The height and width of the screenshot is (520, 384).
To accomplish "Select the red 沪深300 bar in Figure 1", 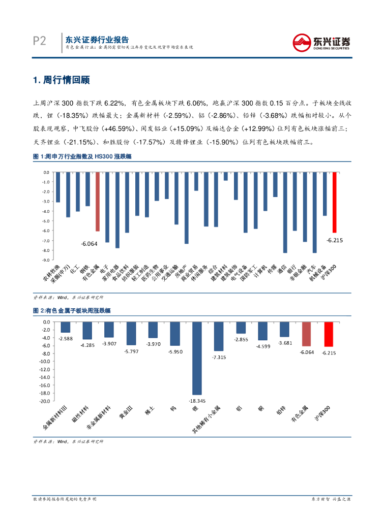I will pyautogui.click(x=334, y=202).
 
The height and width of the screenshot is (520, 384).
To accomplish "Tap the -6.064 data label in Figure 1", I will pyautogui.click(x=89, y=244).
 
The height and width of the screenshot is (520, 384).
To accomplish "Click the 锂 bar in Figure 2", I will pyautogui.click(x=197, y=358).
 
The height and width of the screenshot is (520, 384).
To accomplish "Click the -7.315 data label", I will pyautogui.click(x=219, y=357).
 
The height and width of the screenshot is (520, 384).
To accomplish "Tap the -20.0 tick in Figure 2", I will pyautogui.click(x=44, y=401).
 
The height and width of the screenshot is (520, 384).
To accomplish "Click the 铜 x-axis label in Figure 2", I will pyautogui.click(x=261, y=407).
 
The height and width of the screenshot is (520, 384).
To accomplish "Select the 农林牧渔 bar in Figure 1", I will pyautogui.click(x=58, y=187).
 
